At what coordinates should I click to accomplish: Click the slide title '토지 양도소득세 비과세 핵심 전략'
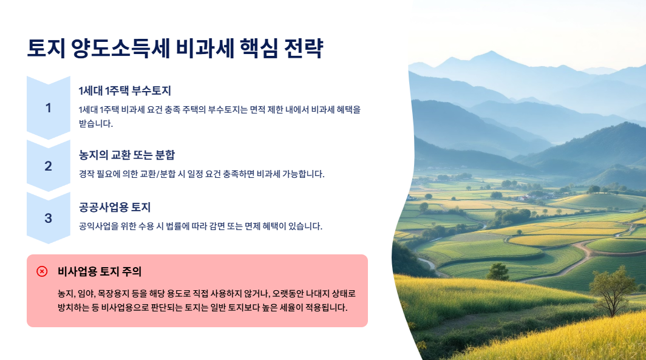(175, 49)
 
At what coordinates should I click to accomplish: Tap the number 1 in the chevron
(49, 108)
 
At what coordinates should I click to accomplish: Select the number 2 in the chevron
(49, 166)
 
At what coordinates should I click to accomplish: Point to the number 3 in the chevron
(49, 218)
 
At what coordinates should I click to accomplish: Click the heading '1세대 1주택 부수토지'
(124, 91)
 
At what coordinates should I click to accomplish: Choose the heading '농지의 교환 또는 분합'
(127, 155)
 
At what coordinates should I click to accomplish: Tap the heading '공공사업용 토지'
(115, 207)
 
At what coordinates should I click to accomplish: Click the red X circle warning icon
(42, 271)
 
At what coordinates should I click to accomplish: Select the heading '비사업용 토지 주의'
(100, 271)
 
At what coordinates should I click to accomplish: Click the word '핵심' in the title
(257, 49)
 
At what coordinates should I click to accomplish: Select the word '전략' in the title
(304, 49)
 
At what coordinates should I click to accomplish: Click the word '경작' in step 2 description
(87, 174)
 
